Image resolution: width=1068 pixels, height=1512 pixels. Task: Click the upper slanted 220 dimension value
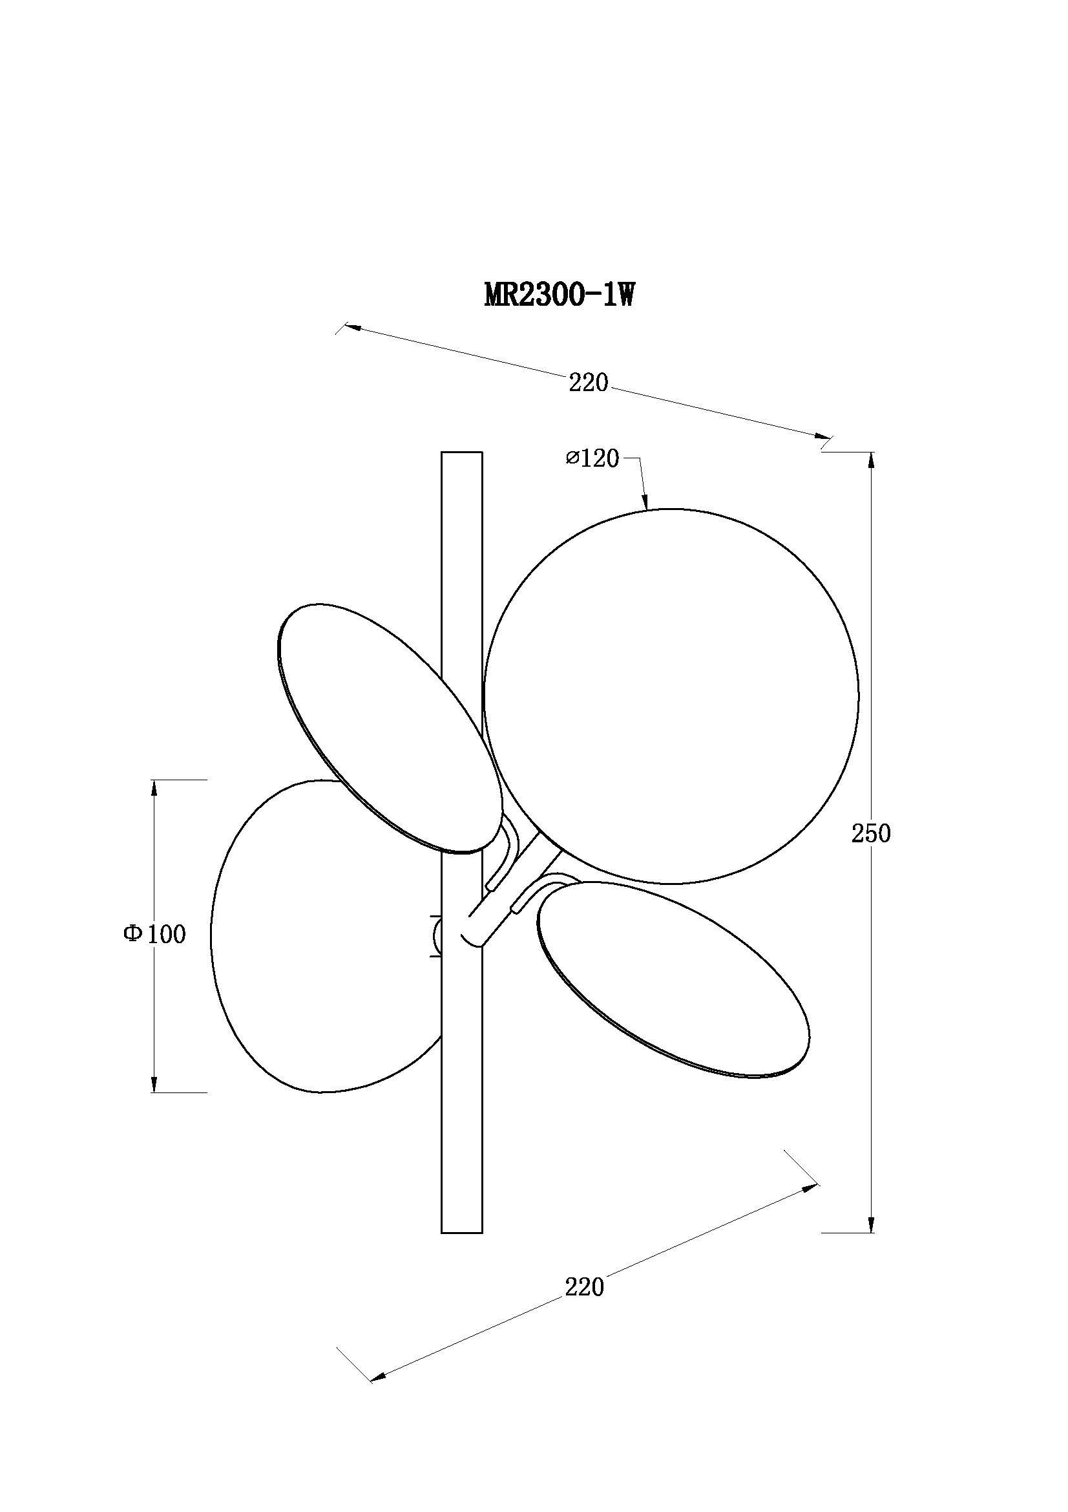pos(589,383)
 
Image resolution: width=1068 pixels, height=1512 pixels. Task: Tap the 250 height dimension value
pos(871,834)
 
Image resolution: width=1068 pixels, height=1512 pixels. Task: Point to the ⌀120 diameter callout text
pos(592,458)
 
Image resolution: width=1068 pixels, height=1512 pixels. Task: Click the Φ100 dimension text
pos(155,934)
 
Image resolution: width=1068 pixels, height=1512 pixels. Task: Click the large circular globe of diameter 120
pos(671,696)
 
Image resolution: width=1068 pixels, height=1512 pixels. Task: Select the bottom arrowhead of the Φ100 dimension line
pos(154,1083)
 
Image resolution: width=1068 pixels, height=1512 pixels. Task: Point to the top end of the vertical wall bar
pos(461,452)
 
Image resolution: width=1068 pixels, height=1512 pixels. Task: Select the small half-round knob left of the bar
pos(435,936)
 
